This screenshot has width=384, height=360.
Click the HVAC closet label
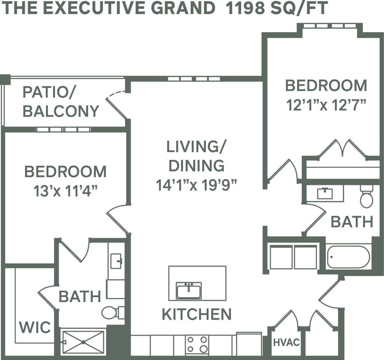coord(286,342)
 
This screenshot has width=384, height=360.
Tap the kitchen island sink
coord(189,290)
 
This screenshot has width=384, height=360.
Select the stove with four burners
coord(197,344)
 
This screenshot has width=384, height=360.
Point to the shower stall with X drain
coord(83,342)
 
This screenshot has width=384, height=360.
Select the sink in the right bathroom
coord(325,193)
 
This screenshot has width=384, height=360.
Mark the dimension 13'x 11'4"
coord(65,191)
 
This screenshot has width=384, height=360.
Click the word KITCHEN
coord(196,314)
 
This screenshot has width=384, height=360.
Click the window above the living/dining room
coord(194,79)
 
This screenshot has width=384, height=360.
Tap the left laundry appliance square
coord(281,257)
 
